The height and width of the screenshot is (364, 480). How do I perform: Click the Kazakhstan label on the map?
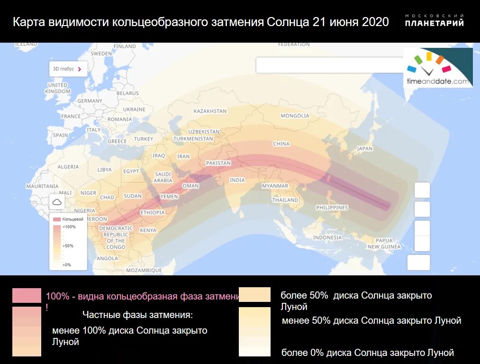click(x=210, y=111)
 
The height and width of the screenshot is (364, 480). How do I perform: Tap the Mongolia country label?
click(x=295, y=116)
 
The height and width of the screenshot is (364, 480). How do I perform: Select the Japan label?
click(x=365, y=148)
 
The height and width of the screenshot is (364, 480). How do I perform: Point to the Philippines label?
click(x=332, y=208)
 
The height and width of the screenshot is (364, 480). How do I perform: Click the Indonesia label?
click(x=327, y=237)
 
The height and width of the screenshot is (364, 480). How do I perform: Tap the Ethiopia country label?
click(x=152, y=213)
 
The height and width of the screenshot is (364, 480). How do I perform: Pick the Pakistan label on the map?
click(x=218, y=163)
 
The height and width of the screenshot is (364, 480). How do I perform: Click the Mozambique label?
click(x=144, y=270)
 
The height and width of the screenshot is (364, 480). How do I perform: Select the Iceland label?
click(x=26, y=44)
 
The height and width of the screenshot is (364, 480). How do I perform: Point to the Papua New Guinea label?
click(x=384, y=244)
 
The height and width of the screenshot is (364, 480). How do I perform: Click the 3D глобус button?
click(x=68, y=69)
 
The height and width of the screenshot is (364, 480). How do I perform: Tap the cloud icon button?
click(x=57, y=202)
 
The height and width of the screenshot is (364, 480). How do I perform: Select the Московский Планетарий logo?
click(x=434, y=20)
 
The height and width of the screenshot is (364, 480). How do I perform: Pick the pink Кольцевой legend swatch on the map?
click(x=57, y=220)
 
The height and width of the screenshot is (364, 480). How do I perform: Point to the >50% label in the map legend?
click(x=68, y=246)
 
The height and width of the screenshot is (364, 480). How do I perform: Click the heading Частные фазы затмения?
click(x=137, y=315)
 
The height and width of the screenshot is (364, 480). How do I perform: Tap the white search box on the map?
click(x=327, y=65)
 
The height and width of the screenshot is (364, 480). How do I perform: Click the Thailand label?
click(x=285, y=200)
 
